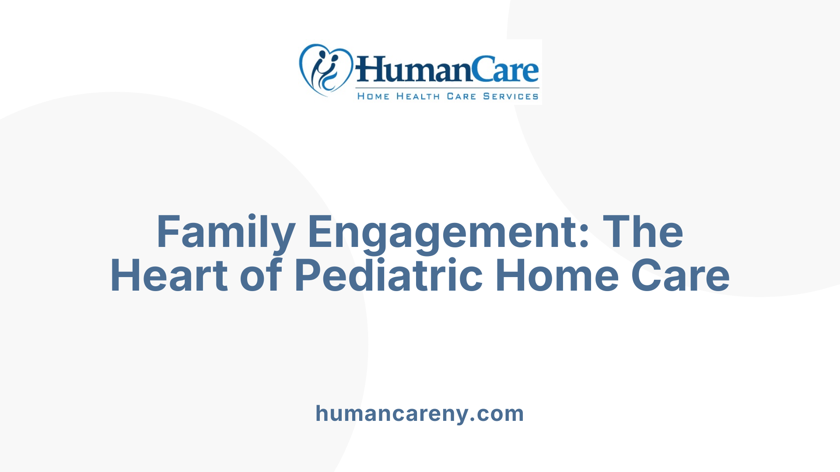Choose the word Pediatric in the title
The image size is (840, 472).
point(388,275)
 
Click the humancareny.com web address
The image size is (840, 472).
point(420,413)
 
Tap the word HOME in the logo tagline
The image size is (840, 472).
point(373,96)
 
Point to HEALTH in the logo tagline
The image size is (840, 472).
point(418,96)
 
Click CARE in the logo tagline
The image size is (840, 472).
point(461,96)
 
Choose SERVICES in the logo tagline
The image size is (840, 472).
point(511,96)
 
